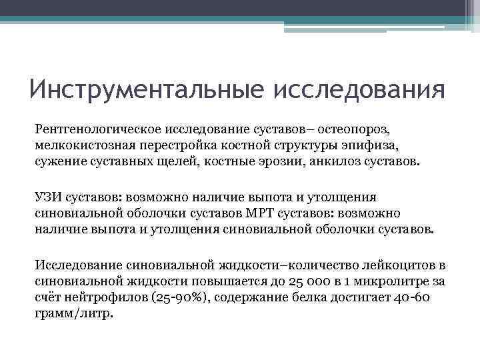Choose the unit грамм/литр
click(x=73, y=315)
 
